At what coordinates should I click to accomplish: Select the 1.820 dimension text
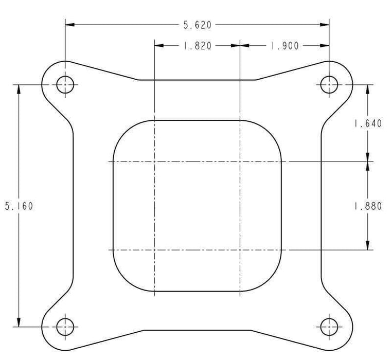point(198,46)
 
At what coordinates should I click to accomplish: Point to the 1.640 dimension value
point(367,123)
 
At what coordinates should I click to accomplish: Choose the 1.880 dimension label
point(367,206)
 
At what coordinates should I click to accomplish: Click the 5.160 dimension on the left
point(19,206)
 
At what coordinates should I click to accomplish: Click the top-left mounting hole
point(65,85)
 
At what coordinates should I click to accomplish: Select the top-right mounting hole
point(329,85)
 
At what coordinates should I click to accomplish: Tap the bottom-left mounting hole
point(65,326)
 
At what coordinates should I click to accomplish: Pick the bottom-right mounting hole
point(329,326)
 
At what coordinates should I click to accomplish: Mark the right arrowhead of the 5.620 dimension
point(325,25)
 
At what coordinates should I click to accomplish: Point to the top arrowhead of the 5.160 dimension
point(19,89)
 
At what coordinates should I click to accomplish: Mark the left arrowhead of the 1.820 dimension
point(159,46)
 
